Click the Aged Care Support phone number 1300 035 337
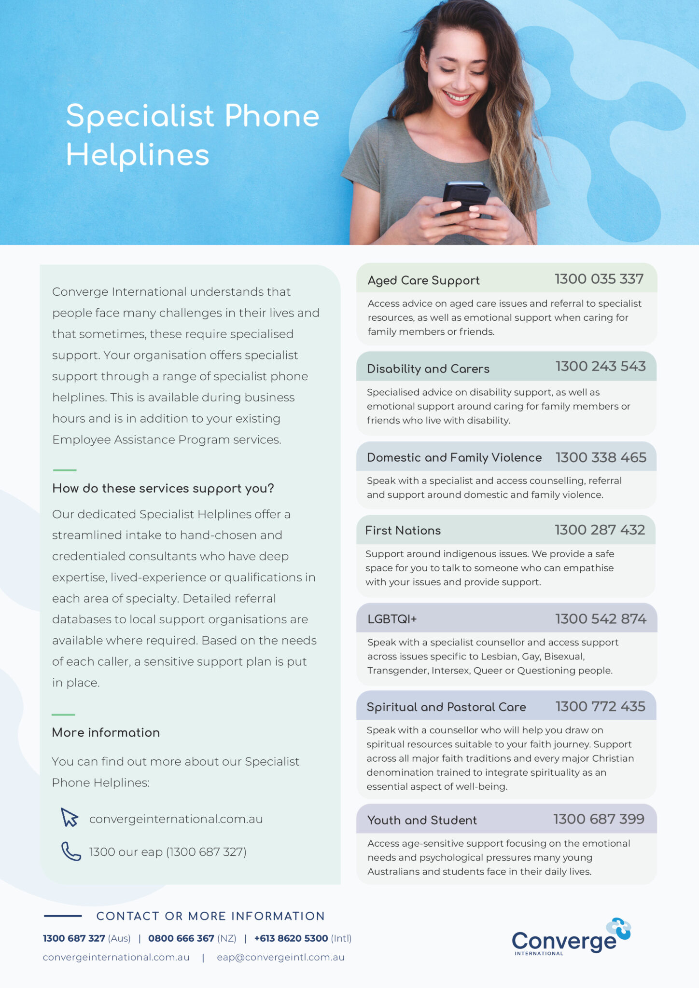click(599, 279)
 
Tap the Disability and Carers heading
click(428, 369)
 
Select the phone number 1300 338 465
click(601, 457)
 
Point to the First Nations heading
click(403, 530)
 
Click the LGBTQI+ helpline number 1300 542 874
click(601, 618)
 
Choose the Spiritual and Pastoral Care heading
click(446, 707)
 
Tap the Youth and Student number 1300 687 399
click(599, 819)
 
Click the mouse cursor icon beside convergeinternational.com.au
click(70, 817)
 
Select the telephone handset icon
click(71, 851)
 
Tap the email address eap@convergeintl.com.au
click(280, 957)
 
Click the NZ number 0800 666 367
click(181, 938)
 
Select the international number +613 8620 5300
click(291, 938)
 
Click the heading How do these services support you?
click(163, 488)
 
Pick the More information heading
click(106, 732)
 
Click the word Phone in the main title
click(272, 116)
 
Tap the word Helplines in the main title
click(138, 155)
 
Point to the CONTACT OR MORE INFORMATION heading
click(210, 916)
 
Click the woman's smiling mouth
click(457, 98)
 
